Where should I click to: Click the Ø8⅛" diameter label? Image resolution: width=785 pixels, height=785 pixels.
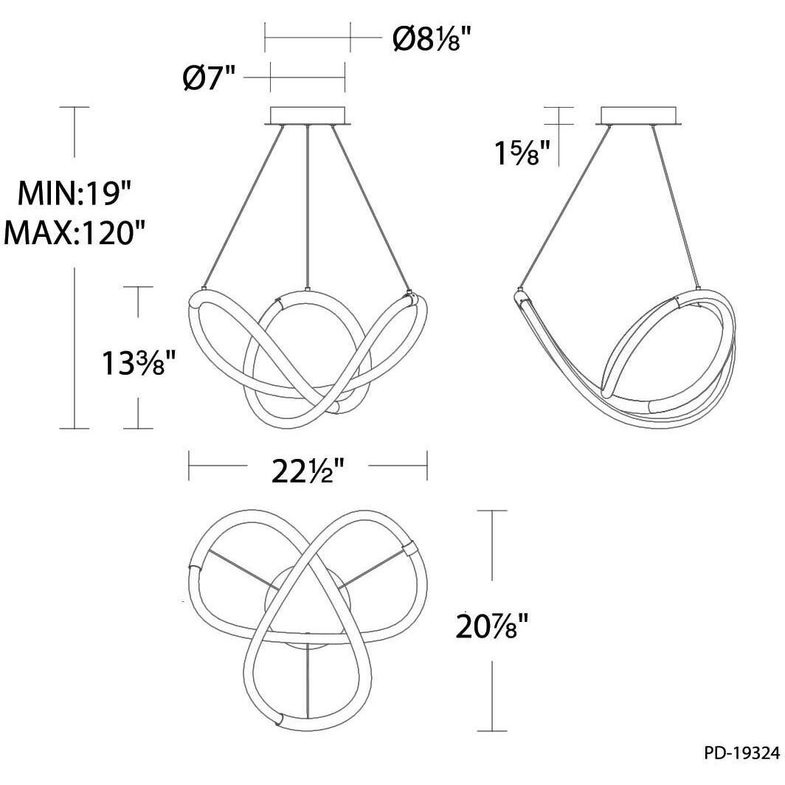(432, 38)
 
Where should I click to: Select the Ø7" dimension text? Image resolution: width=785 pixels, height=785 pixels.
(209, 77)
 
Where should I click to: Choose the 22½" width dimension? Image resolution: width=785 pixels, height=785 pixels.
(308, 471)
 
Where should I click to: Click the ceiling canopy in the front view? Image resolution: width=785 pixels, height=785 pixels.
(308, 116)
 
